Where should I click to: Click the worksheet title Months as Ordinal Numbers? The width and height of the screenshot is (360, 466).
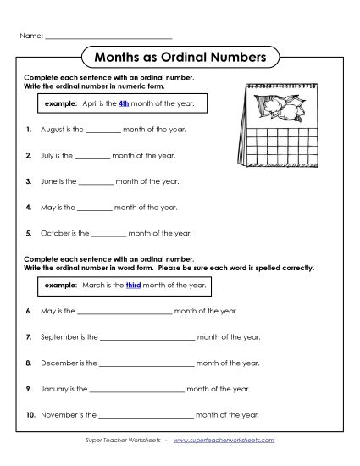pyautogui.click(x=180, y=58)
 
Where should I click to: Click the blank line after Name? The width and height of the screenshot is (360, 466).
pyautogui.click(x=108, y=38)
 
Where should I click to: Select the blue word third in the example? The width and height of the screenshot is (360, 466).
pyautogui.click(x=133, y=286)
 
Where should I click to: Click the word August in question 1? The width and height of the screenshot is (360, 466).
pyautogui.click(x=52, y=130)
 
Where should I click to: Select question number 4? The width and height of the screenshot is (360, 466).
pyautogui.click(x=29, y=207)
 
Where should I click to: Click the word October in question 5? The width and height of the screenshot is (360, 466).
pyautogui.click(x=53, y=233)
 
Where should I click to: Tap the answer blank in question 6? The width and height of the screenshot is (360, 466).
pyautogui.click(x=125, y=312)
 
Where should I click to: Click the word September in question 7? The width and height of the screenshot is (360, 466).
pyautogui.click(x=60, y=337)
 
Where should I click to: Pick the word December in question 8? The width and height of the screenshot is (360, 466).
pyautogui.click(x=59, y=363)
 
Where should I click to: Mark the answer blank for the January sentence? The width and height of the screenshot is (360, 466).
pyautogui.click(x=136, y=390)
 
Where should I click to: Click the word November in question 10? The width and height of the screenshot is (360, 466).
pyautogui.click(x=60, y=415)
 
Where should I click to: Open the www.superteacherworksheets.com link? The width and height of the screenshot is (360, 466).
pyautogui.click(x=224, y=441)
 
